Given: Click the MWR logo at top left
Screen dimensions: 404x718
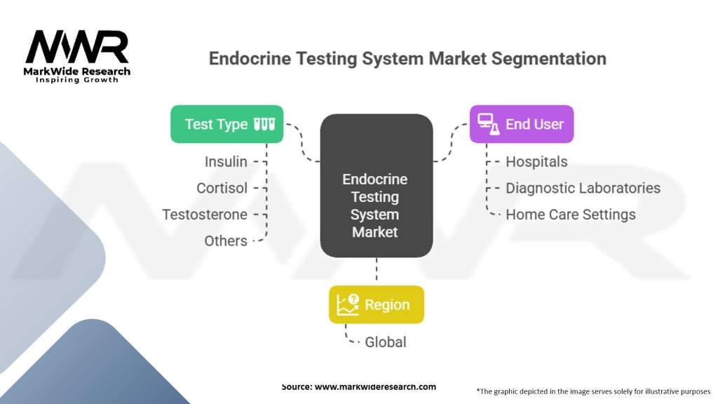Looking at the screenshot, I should click(x=77, y=48).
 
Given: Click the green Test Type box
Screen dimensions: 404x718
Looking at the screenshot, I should click(x=226, y=124).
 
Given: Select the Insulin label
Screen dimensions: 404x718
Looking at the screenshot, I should click(x=226, y=162).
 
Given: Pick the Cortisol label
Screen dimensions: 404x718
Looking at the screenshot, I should click(x=222, y=188).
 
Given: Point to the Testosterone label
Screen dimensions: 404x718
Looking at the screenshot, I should click(x=205, y=215).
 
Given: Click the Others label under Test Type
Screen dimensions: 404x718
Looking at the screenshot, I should click(x=226, y=241).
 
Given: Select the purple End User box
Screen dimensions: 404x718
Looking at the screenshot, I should click(x=521, y=124).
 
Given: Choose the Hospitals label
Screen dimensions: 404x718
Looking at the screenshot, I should click(x=536, y=162).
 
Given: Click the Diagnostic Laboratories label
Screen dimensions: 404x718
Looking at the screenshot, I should click(x=583, y=188).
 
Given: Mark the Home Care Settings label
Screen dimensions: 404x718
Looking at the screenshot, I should click(x=570, y=215).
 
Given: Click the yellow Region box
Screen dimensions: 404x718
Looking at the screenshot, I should click(x=376, y=304).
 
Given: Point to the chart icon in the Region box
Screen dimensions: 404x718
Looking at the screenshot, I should click(x=348, y=304).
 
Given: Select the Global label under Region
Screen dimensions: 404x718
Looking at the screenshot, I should click(x=385, y=342).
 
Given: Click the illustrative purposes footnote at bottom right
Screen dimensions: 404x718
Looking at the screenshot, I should click(x=593, y=391).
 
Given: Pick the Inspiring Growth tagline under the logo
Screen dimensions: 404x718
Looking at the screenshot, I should click(x=76, y=80).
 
